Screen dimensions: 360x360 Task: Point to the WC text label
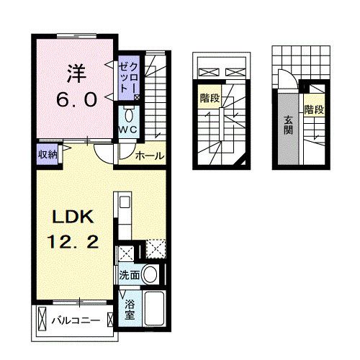[129, 130]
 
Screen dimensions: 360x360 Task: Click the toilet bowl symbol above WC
[129, 114]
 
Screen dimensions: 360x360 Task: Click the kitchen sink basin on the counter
[120, 202]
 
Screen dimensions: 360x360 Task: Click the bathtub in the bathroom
[155, 310]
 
